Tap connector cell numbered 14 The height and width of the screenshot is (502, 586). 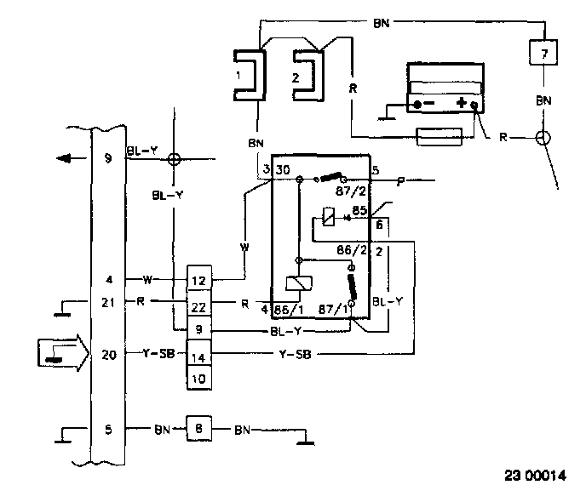pyautogui.click(x=198, y=357)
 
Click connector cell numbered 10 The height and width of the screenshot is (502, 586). pyautogui.click(x=198, y=379)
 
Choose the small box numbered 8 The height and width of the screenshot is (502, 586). pyautogui.click(x=199, y=431)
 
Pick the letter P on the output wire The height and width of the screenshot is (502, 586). pyautogui.click(x=400, y=180)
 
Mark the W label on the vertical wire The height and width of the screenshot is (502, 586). pyautogui.click(x=244, y=248)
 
